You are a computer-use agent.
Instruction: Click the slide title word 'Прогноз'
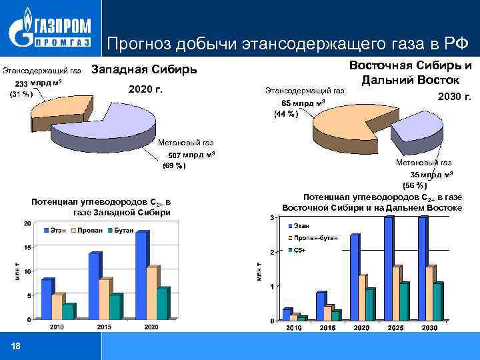142,44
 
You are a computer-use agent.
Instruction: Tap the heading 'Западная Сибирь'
143,69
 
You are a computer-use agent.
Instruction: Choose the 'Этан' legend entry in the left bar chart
57,230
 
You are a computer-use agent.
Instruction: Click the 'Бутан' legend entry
121,230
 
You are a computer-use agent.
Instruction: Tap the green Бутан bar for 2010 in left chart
67,312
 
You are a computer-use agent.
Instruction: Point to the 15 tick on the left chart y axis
27,247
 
